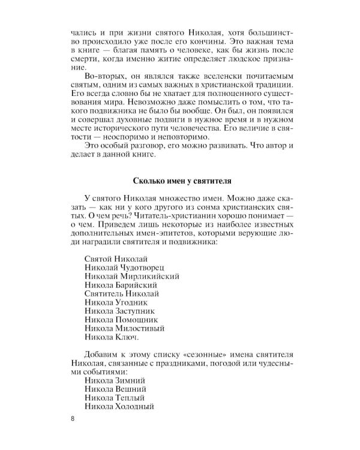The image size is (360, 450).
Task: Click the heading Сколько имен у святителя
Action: [180, 181]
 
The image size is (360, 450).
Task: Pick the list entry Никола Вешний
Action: [116, 390]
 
